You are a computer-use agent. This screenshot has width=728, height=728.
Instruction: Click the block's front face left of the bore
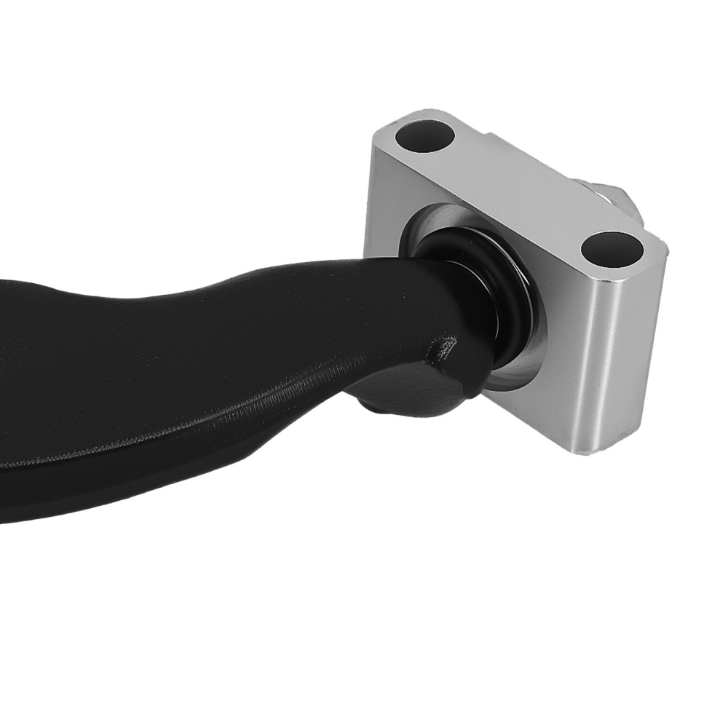[x=386, y=204]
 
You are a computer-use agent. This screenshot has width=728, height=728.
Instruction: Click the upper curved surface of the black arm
[x=218, y=291]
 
